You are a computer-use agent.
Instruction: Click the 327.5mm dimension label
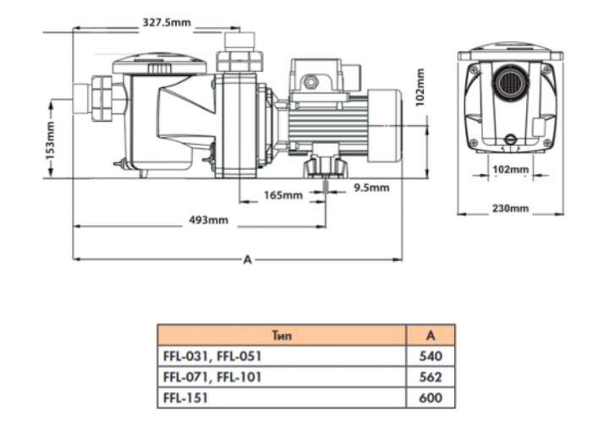click(167, 23)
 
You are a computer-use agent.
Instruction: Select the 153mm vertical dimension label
click(50, 140)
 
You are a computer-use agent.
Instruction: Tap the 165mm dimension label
click(283, 194)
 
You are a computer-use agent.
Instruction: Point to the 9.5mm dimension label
click(371, 188)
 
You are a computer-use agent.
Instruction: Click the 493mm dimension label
click(209, 220)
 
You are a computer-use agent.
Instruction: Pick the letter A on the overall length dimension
click(247, 259)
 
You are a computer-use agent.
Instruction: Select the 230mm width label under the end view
click(510, 208)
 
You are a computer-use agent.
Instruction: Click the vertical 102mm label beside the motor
click(420, 88)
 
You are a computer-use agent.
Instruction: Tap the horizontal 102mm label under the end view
click(510, 170)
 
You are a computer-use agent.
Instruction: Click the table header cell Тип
click(282, 336)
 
